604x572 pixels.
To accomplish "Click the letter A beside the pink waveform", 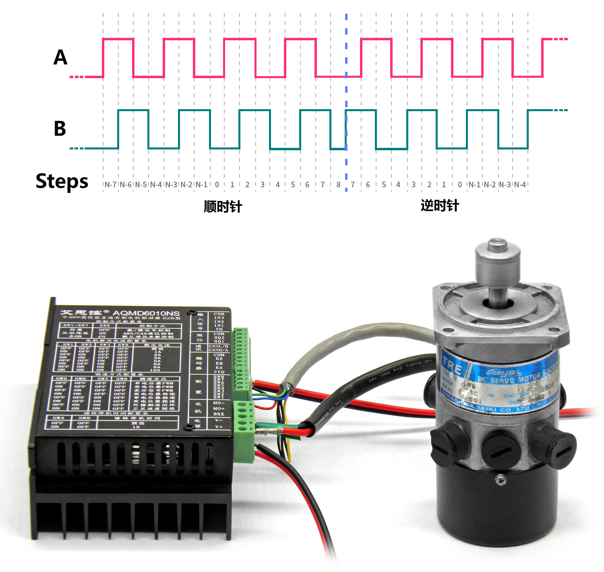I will click(x=60, y=57).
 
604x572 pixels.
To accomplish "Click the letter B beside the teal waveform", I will click(x=60, y=128).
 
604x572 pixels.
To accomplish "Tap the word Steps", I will click(x=62, y=181).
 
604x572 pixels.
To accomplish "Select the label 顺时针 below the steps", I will click(x=223, y=207).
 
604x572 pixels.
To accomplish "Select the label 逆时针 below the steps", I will click(x=440, y=205).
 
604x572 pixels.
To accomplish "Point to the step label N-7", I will click(x=110, y=184).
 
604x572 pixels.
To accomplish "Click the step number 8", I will click(x=338, y=184).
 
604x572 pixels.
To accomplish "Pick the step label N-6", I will click(x=126, y=184).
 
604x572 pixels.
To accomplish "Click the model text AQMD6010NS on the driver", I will click(x=146, y=313).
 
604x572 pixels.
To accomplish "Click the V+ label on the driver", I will click(x=219, y=427).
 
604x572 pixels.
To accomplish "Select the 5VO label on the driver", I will click(x=219, y=372).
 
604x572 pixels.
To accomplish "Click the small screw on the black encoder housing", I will click(x=501, y=479).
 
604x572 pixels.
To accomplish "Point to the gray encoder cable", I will click(x=322, y=346).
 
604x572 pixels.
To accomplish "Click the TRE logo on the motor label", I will click(x=452, y=366).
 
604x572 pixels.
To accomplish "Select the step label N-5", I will click(x=141, y=184).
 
